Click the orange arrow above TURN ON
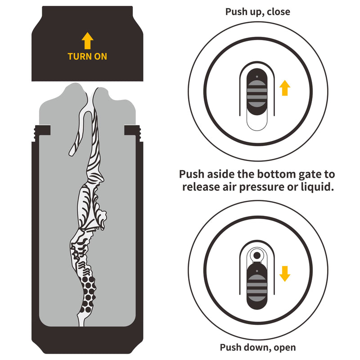87,41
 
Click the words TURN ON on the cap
87,57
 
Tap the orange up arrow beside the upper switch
284,87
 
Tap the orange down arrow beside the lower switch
284,273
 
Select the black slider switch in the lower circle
257,286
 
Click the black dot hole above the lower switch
257,255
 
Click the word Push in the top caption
236,12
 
